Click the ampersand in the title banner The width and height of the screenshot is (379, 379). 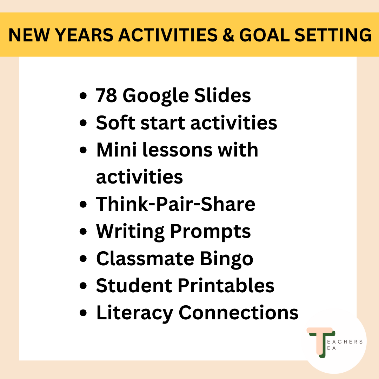(x=228, y=35)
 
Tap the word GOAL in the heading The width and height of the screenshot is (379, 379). (x=265, y=35)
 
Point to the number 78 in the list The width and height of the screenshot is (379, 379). (x=106, y=95)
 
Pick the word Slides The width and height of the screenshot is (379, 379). (x=222, y=95)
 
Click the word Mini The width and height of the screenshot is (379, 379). (x=117, y=149)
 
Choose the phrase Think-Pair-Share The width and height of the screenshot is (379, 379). (x=176, y=204)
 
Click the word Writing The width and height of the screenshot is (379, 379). (x=131, y=232)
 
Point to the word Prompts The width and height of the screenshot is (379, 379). (x=211, y=232)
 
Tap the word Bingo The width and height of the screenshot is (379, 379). (x=226, y=259)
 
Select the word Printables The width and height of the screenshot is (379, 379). (x=226, y=285)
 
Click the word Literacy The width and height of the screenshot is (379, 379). (x=135, y=313)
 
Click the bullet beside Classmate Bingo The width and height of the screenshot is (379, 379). (x=83, y=259)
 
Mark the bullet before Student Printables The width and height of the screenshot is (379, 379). (x=83, y=286)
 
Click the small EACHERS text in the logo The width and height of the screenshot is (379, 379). (x=345, y=342)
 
